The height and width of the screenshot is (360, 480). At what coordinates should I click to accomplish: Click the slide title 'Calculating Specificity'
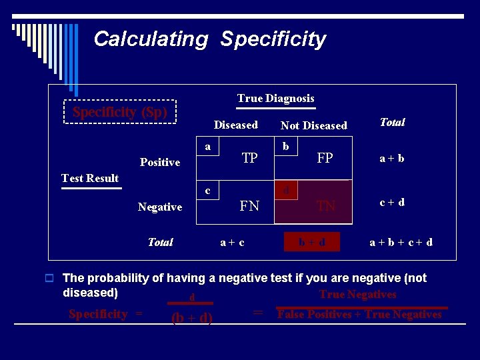209,39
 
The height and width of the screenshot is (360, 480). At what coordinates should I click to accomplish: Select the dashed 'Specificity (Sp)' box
120,112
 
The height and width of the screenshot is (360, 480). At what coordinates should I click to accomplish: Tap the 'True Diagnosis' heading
275,99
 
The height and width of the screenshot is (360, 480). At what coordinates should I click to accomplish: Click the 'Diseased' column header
235,125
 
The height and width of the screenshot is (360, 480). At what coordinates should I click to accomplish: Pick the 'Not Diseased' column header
314,125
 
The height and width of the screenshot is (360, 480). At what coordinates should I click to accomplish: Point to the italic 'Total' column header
392,122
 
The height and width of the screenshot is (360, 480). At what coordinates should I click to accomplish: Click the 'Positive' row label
160,163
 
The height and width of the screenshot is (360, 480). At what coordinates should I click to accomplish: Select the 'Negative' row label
160,207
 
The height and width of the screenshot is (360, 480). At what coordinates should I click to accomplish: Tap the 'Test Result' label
90,178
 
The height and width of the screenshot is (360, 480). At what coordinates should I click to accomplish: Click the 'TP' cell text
250,159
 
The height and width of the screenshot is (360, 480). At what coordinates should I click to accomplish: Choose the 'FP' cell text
325,159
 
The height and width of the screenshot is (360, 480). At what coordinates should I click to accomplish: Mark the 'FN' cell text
249,206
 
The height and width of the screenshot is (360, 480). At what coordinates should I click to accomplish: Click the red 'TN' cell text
326,206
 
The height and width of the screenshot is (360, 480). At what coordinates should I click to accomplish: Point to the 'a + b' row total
392,159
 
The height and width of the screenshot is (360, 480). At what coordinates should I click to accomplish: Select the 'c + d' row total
392,202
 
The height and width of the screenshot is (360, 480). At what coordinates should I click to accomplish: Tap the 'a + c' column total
232,243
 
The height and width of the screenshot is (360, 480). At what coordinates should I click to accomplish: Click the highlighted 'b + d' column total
312,242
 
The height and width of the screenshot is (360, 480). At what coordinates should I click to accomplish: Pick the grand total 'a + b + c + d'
401,242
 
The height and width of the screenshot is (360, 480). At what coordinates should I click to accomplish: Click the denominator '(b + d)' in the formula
192,319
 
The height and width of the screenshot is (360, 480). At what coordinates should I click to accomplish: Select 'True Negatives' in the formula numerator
357,295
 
